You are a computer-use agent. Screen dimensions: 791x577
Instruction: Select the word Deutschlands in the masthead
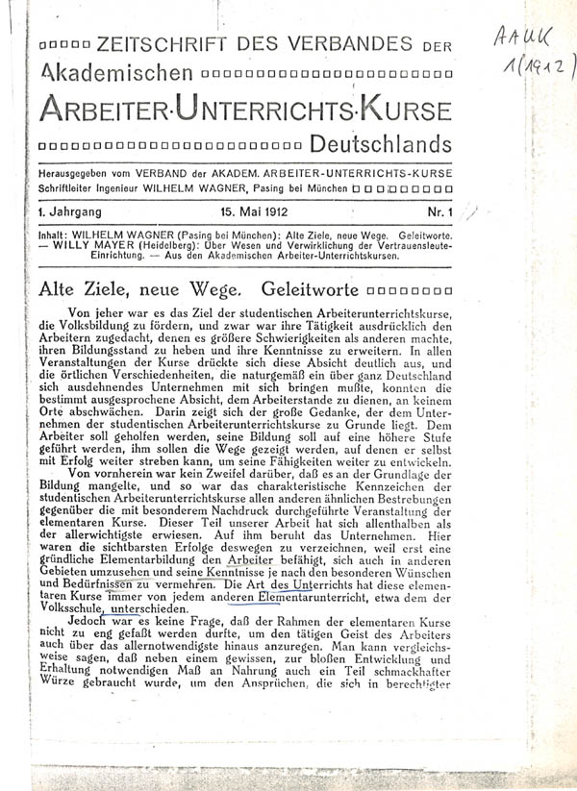[381, 145]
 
